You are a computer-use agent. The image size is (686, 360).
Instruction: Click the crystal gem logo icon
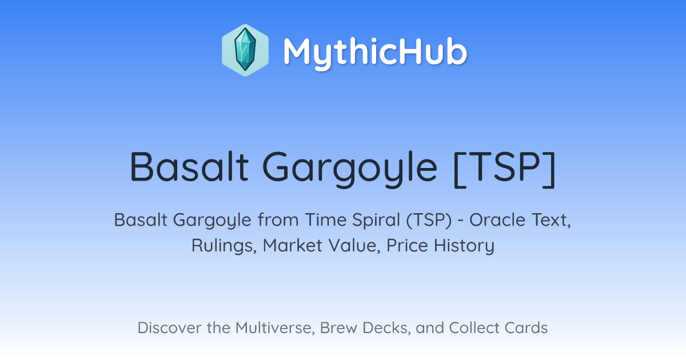245,50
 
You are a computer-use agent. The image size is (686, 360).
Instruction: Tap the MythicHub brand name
375,53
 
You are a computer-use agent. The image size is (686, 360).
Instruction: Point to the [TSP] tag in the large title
504,169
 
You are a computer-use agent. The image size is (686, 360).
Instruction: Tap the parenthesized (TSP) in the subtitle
429,221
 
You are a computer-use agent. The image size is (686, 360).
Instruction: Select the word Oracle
497,220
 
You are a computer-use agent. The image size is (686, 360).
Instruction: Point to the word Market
293,246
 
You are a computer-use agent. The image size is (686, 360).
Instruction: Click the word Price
407,246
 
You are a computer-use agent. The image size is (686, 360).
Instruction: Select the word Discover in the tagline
170,328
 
